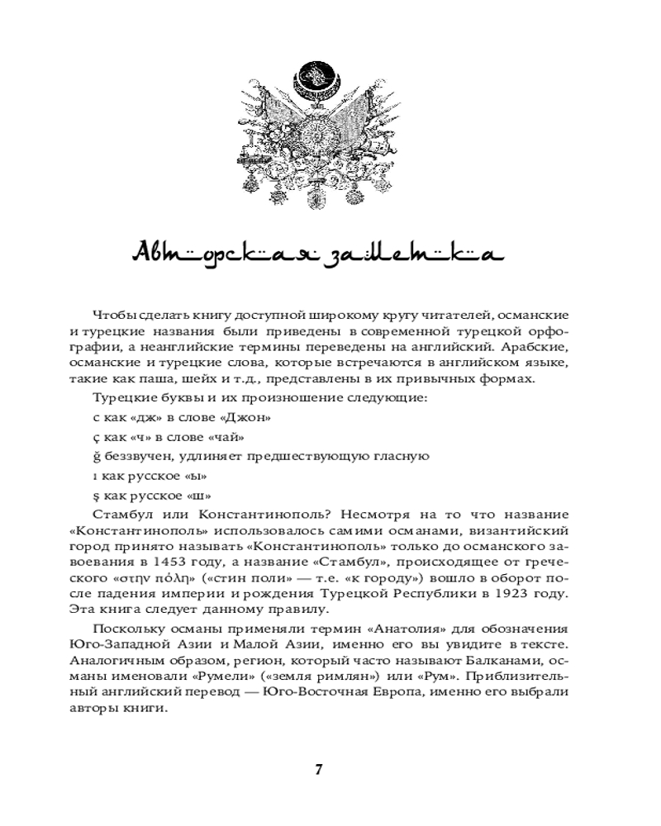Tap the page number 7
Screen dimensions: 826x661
pyautogui.click(x=319, y=770)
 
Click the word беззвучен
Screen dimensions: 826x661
pyautogui.click(x=136, y=457)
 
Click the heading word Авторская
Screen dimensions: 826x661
pyautogui.click(x=198, y=253)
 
